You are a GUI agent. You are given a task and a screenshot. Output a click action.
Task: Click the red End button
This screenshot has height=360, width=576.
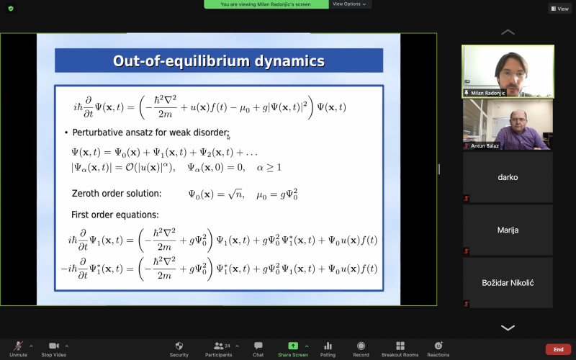click(x=559, y=349)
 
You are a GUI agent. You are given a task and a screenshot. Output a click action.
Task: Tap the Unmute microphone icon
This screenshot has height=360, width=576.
click(x=18, y=346)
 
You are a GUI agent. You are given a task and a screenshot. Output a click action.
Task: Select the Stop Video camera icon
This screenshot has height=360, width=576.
click(x=54, y=346)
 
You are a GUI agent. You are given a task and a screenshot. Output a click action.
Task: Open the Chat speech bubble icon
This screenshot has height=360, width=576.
click(x=258, y=346)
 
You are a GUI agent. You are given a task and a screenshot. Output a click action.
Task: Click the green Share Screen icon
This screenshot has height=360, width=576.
click(x=293, y=346)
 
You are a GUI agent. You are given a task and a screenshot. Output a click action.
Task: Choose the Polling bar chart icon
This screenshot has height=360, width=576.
click(x=328, y=346)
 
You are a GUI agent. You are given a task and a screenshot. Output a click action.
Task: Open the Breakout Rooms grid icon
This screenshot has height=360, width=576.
click(x=400, y=346)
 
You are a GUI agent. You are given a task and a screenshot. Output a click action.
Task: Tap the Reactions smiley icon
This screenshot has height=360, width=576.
click(x=438, y=346)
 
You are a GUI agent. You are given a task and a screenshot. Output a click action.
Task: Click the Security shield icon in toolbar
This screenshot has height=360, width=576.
click(x=179, y=346)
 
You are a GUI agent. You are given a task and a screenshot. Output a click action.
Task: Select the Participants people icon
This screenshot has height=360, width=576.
click(x=219, y=346)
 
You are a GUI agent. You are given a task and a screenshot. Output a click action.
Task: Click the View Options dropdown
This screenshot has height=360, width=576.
click(x=349, y=4)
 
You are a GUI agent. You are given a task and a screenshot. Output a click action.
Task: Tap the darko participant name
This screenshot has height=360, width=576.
click(x=508, y=177)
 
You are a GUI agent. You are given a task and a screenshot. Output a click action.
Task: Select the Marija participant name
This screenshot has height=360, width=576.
click(x=508, y=230)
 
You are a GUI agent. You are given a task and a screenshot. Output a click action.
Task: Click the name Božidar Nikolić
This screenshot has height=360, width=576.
click(x=508, y=283)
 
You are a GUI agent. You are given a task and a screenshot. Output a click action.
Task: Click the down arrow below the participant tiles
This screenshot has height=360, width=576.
click(x=508, y=328)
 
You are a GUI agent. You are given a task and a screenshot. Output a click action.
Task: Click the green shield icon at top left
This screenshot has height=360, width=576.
click(x=11, y=9)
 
